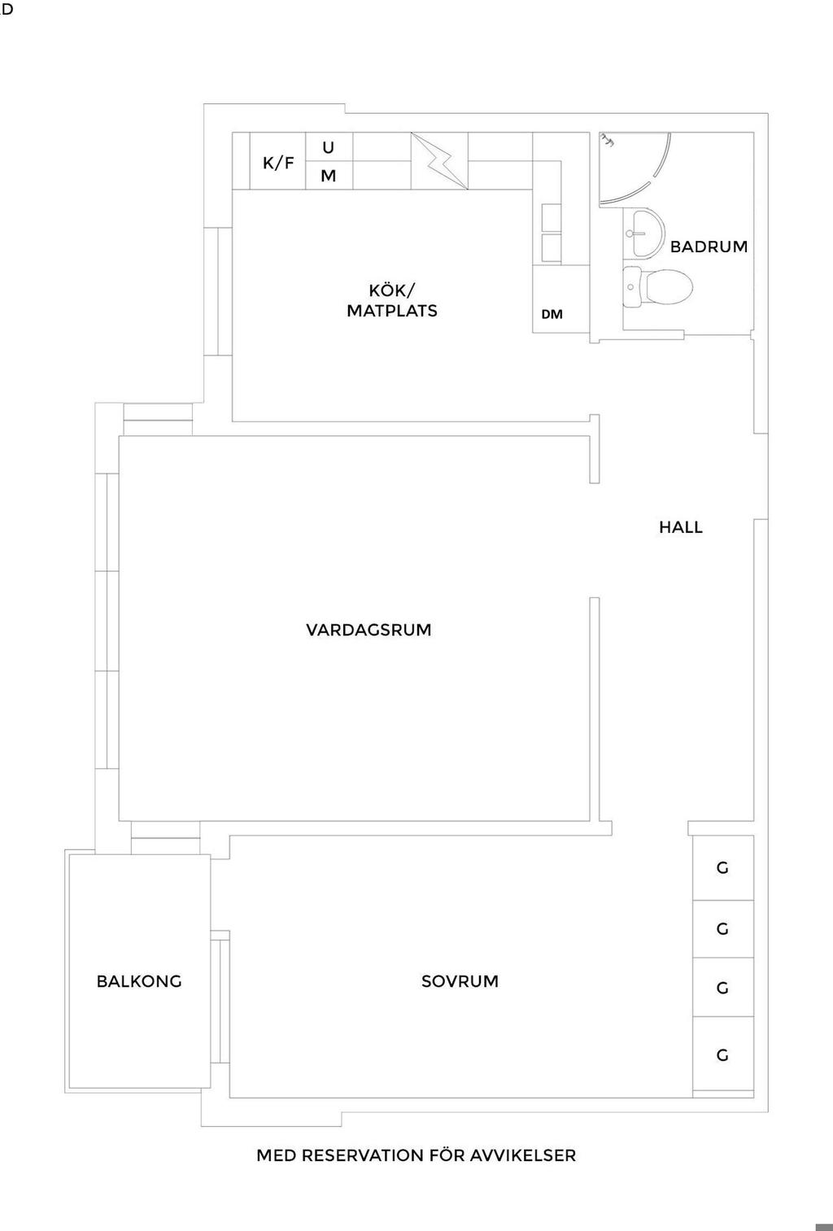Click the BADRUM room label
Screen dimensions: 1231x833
709,247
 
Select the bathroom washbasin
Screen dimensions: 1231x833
644,233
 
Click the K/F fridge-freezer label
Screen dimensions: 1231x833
278,163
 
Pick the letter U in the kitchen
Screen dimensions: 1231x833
329,148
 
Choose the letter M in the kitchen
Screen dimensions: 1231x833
329,176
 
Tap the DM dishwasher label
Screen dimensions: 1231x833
552,314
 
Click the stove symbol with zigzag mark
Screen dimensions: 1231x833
439,161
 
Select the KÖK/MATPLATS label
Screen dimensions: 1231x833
392,300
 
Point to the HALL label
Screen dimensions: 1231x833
681,527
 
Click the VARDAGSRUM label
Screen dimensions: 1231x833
369,630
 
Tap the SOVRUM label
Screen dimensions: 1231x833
460,981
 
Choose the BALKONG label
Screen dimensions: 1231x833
139,981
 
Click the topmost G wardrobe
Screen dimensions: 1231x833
722,867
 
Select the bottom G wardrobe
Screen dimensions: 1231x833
722,1055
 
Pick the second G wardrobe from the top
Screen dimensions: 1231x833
722,928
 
